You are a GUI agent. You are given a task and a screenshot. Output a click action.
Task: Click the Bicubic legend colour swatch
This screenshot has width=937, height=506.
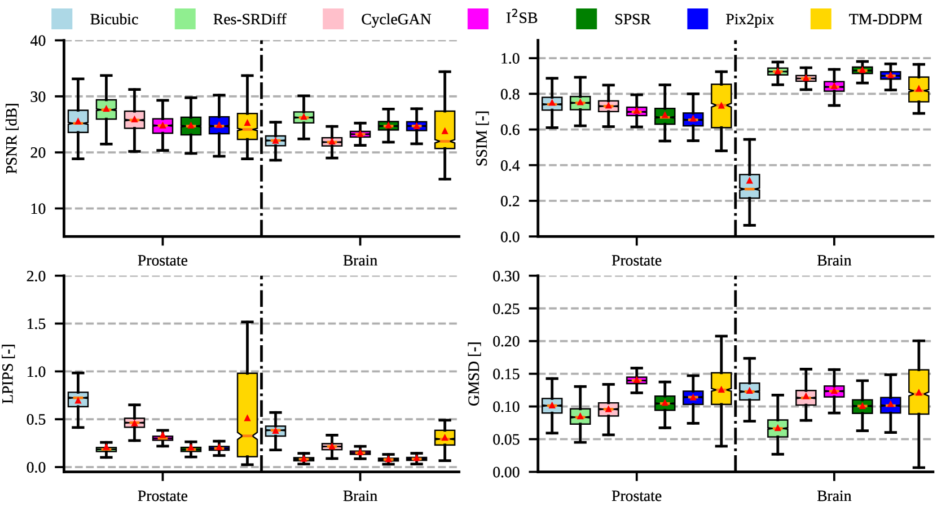click(61, 19)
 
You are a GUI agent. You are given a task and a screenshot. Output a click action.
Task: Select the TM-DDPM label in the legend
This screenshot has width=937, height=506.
click(885, 19)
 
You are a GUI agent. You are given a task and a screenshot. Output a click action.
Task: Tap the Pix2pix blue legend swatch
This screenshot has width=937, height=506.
click(697, 19)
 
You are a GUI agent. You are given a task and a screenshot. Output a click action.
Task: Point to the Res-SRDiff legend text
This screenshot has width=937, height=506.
click(249, 19)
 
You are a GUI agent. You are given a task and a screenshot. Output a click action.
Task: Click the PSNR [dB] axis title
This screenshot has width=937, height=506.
click(12, 138)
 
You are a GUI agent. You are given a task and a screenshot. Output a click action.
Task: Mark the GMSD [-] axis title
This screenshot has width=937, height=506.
click(474, 373)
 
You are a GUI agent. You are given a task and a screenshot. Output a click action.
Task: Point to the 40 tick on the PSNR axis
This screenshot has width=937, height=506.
click(38, 41)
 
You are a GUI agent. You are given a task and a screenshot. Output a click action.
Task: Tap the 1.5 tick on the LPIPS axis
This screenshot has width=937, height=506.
click(37, 324)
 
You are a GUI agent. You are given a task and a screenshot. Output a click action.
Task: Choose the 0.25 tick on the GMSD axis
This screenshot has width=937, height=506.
click(506, 309)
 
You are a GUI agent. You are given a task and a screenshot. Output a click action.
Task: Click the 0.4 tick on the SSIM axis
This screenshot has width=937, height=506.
click(510, 165)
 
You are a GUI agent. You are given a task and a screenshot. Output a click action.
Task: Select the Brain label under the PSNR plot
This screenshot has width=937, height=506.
click(360, 261)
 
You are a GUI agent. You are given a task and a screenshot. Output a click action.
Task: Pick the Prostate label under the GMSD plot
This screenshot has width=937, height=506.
click(636, 496)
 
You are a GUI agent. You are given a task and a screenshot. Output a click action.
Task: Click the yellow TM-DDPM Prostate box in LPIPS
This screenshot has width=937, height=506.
click(247, 415)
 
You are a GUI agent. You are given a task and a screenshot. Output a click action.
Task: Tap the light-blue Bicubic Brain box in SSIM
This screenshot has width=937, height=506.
click(750, 186)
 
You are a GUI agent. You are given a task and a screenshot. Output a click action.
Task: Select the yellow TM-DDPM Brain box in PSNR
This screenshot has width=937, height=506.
click(445, 130)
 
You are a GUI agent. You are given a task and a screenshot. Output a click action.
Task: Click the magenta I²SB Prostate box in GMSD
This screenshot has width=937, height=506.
click(637, 380)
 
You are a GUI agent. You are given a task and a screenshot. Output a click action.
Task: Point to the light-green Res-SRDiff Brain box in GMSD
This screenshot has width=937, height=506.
click(778, 428)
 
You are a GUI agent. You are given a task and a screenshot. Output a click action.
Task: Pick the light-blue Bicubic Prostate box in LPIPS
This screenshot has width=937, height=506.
click(78, 399)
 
